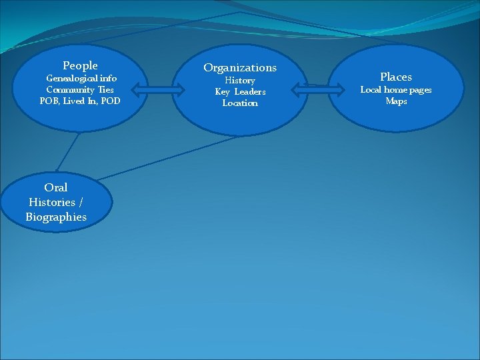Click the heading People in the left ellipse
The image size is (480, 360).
pyautogui.click(x=80, y=65)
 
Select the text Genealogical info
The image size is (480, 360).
pyautogui.click(x=81, y=78)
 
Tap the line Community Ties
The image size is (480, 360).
pyautogui.click(x=80, y=89)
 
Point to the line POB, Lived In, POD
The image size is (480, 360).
pyautogui.click(x=80, y=101)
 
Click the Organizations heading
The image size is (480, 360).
pyautogui.click(x=240, y=67)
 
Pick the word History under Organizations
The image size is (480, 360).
pyautogui.click(x=240, y=80)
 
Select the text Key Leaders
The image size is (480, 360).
pyautogui.click(x=240, y=91)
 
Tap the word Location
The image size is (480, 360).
pyautogui.click(x=240, y=103)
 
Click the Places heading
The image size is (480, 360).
pyautogui.click(x=396, y=77)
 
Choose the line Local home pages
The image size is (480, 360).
pyautogui.click(x=396, y=89)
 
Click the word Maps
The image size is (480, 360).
pyautogui.click(x=396, y=101)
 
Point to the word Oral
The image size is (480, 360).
pyautogui.click(x=56, y=187)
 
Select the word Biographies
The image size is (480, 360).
pyautogui.click(x=56, y=217)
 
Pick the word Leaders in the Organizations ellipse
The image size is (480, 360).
pyautogui.click(x=249, y=91)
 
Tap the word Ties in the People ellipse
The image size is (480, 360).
pyautogui.click(x=105, y=89)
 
